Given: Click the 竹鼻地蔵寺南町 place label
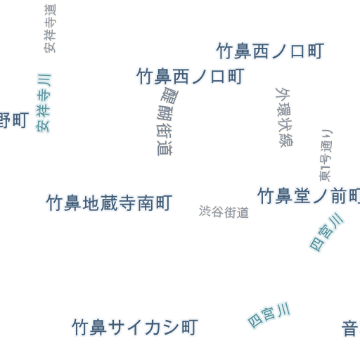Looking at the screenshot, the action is coord(110,203).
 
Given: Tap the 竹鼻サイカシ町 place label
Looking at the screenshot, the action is coord(135,327).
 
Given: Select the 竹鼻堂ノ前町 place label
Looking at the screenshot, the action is coord(309,196).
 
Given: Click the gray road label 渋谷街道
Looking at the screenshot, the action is coord(224,212).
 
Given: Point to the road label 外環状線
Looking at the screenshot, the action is coord(284,117).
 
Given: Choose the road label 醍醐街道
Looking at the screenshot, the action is coord(167,122).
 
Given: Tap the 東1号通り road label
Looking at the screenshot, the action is coord(326,155).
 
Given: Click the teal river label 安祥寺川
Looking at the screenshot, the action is coord(44,103).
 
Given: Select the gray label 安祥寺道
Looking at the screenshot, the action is coord(50,28).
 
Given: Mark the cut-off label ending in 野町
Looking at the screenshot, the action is coord(14,120).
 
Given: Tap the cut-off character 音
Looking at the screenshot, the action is coord(351,328).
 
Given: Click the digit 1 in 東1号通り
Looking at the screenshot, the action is coord(326,168).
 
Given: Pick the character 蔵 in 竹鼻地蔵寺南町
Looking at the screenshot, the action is coord(109,203).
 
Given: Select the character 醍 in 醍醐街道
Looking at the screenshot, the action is coord(169,95).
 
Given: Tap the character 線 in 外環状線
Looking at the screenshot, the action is coord(286,141).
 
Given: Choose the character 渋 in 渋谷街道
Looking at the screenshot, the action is coord(205,211).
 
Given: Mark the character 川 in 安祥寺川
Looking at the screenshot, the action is coord(44,81).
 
